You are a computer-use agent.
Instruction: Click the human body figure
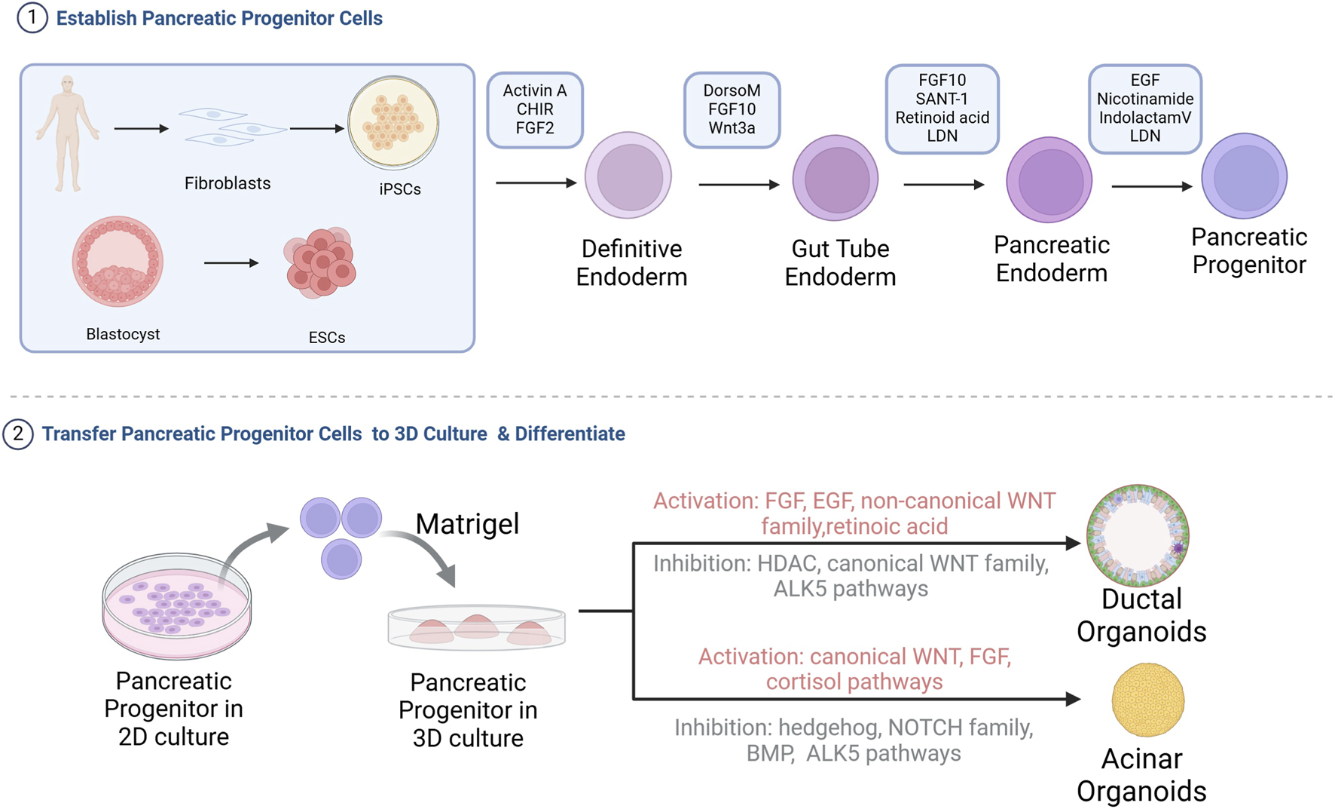[x=68, y=132]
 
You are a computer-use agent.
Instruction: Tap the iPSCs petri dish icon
[x=393, y=122]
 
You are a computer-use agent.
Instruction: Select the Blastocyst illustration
[x=118, y=261]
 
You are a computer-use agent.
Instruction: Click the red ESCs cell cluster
[x=321, y=262]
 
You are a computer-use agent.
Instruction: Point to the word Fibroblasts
[x=227, y=183]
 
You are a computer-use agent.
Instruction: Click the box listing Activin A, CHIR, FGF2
[x=535, y=110]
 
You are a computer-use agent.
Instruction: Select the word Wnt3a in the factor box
[x=732, y=128]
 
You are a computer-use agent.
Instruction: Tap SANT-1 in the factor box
[x=942, y=99]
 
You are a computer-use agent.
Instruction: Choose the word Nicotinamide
[x=1144, y=99]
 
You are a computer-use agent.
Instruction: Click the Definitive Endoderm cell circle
[x=628, y=176]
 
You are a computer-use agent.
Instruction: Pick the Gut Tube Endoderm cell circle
[x=836, y=179]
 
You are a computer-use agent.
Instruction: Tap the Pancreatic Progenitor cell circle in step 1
[x=1244, y=176]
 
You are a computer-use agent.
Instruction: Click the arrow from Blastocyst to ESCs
[x=231, y=263]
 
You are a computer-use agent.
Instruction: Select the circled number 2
[x=18, y=434]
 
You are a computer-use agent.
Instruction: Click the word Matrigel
[x=467, y=523]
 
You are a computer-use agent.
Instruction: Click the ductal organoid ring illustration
[x=1138, y=536]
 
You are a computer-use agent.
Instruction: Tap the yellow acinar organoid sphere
[x=1147, y=700]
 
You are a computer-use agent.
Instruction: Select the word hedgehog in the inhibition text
[x=829, y=728]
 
